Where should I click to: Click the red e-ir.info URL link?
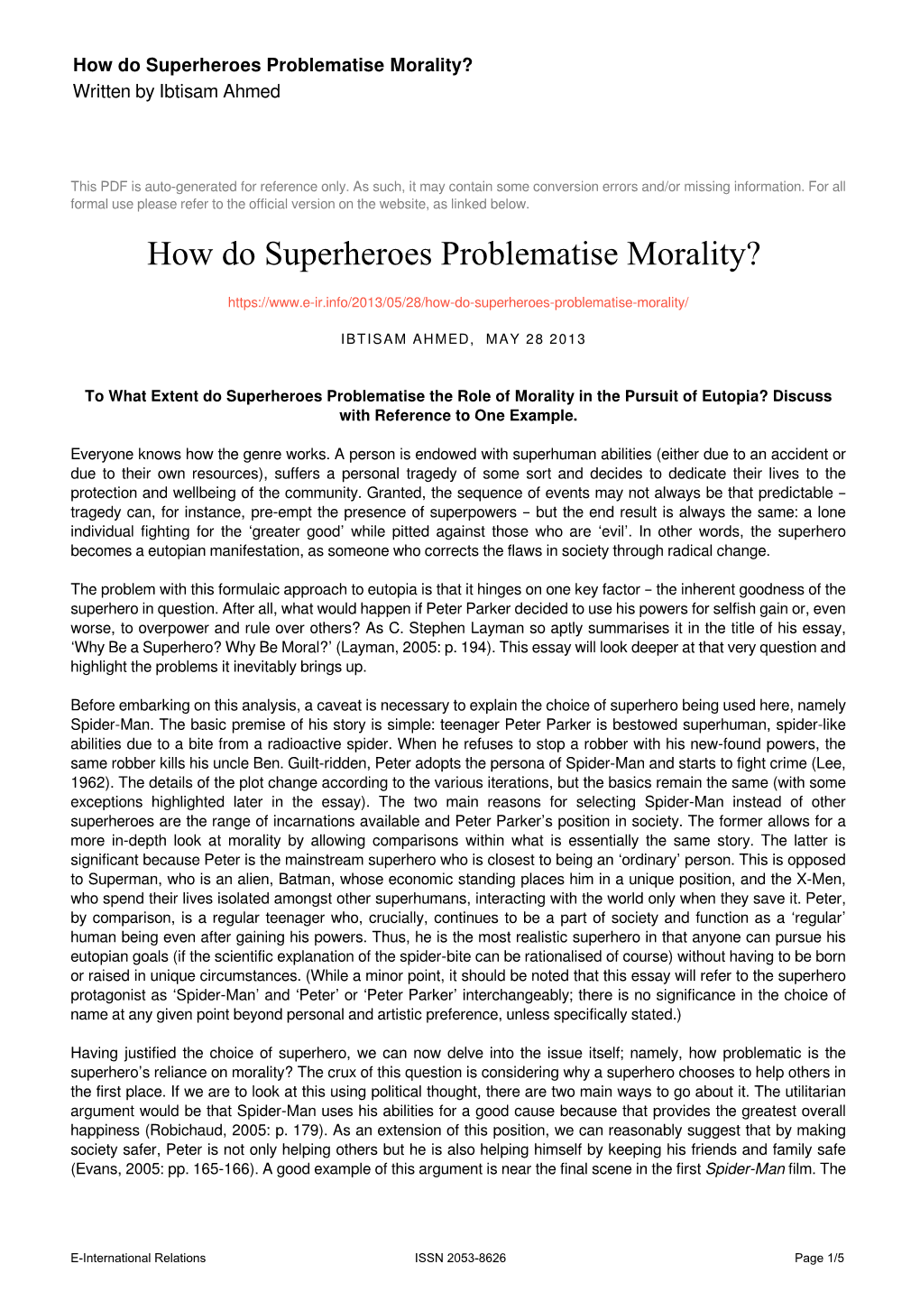458,302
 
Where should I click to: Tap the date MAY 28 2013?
536,339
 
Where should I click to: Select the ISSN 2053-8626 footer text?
460,1258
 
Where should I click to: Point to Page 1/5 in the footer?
819,1258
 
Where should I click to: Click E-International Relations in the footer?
138,1258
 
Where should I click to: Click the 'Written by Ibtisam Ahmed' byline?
177,91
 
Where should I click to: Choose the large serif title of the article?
454,254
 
